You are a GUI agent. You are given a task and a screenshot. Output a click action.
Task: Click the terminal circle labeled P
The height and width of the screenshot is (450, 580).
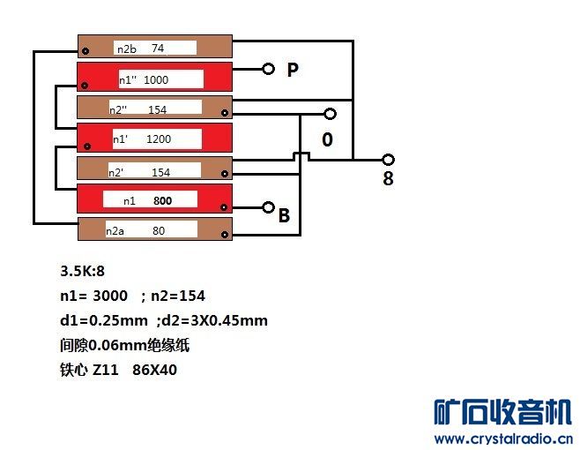[268, 69]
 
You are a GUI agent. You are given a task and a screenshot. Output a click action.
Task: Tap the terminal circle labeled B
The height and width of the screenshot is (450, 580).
[268, 207]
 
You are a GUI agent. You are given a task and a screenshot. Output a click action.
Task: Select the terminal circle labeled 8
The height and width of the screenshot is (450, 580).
[388, 160]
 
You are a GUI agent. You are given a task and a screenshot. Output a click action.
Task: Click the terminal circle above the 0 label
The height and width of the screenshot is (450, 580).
[330, 114]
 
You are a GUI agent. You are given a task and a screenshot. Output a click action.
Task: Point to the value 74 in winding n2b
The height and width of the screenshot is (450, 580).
[158, 49]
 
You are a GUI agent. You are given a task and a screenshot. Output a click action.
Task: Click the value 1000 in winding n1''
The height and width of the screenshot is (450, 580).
[156, 79]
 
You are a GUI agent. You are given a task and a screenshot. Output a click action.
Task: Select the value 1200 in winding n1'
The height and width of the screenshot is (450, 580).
[159, 139]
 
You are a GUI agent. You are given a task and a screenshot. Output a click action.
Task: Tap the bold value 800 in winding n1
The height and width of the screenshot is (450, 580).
[162, 201]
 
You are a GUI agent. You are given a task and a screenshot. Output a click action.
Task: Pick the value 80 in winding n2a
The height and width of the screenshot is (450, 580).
[159, 231]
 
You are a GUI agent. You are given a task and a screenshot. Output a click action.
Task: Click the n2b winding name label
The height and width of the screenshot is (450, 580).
[127, 49]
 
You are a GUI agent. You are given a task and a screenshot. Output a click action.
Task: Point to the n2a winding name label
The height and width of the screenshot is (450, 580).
[115, 231]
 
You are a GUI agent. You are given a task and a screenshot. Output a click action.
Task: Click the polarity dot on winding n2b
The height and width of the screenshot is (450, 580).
[86, 51]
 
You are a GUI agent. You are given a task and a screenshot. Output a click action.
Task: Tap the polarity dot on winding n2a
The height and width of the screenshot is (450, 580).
[225, 235]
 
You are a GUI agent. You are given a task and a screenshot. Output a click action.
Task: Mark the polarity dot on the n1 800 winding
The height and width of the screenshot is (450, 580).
[223, 207]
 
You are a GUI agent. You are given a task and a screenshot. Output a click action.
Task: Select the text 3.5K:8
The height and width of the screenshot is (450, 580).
[82, 271]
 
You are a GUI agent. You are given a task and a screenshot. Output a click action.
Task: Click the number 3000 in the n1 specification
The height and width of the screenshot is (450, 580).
[110, 296]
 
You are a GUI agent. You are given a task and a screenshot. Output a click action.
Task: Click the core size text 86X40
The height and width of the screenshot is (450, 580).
[154, 370]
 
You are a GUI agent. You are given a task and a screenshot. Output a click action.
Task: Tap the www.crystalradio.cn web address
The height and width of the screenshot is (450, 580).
[504, 439]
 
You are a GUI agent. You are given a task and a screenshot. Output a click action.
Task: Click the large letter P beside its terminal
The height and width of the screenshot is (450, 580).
[293, 70]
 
